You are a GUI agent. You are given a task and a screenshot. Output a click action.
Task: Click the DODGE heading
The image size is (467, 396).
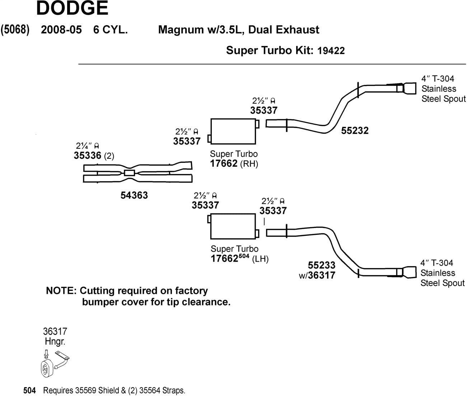pyautogui.click(x=72, y=8)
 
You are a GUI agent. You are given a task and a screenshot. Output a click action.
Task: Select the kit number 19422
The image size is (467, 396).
pyautogui.click(x=331, y=51)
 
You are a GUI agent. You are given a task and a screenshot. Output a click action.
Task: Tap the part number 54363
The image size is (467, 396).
pyautogui.click(x=134, y=195)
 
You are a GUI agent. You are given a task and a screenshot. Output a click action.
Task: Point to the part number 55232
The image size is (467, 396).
pyautogui.click(x=355, y=130)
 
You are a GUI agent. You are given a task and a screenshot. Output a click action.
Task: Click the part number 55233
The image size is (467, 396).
pyautogui.click(x=322, y=265)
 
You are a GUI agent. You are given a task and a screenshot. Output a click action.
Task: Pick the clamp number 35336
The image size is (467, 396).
pyautogui.click(x=87, y=156)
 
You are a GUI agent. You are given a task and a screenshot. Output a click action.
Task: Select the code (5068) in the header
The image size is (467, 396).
pyautogui.click(x=15, y=29)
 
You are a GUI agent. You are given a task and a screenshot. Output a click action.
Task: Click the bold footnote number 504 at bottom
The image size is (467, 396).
pyautogui.click(x=29, y=390)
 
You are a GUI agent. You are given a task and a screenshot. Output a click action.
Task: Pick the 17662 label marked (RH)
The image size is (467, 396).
pyautogui.click(x=224, y=163)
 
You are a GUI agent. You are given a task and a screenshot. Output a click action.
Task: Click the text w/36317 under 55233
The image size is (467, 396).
pyautogui.click(x=317, y=275)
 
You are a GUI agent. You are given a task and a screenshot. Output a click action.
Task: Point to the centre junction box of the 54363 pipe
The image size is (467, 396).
pyautogui.click(x=129, y=173)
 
